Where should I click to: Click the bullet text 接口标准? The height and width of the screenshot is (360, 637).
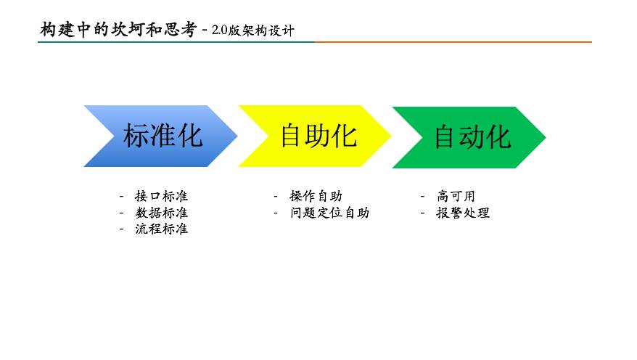tap(161, 196)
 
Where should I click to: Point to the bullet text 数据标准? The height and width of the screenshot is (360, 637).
tap(161, 213)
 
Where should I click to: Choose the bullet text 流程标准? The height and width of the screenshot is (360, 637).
tap(161, 229)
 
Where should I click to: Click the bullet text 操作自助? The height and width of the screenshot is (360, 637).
tap(316, 196)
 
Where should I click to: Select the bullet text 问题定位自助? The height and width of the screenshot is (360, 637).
tap(329, 213)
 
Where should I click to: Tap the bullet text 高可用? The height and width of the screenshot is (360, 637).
tap(456, 196)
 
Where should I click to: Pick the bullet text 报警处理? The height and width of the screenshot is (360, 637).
tap(463, 213)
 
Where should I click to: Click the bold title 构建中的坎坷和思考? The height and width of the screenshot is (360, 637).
tap(118, 30)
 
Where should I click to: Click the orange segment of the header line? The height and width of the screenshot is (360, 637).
tap(453, 42)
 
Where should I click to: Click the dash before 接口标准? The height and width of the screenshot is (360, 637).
tap(121, 197)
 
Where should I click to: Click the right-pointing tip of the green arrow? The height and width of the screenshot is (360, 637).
tap(542, 137)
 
